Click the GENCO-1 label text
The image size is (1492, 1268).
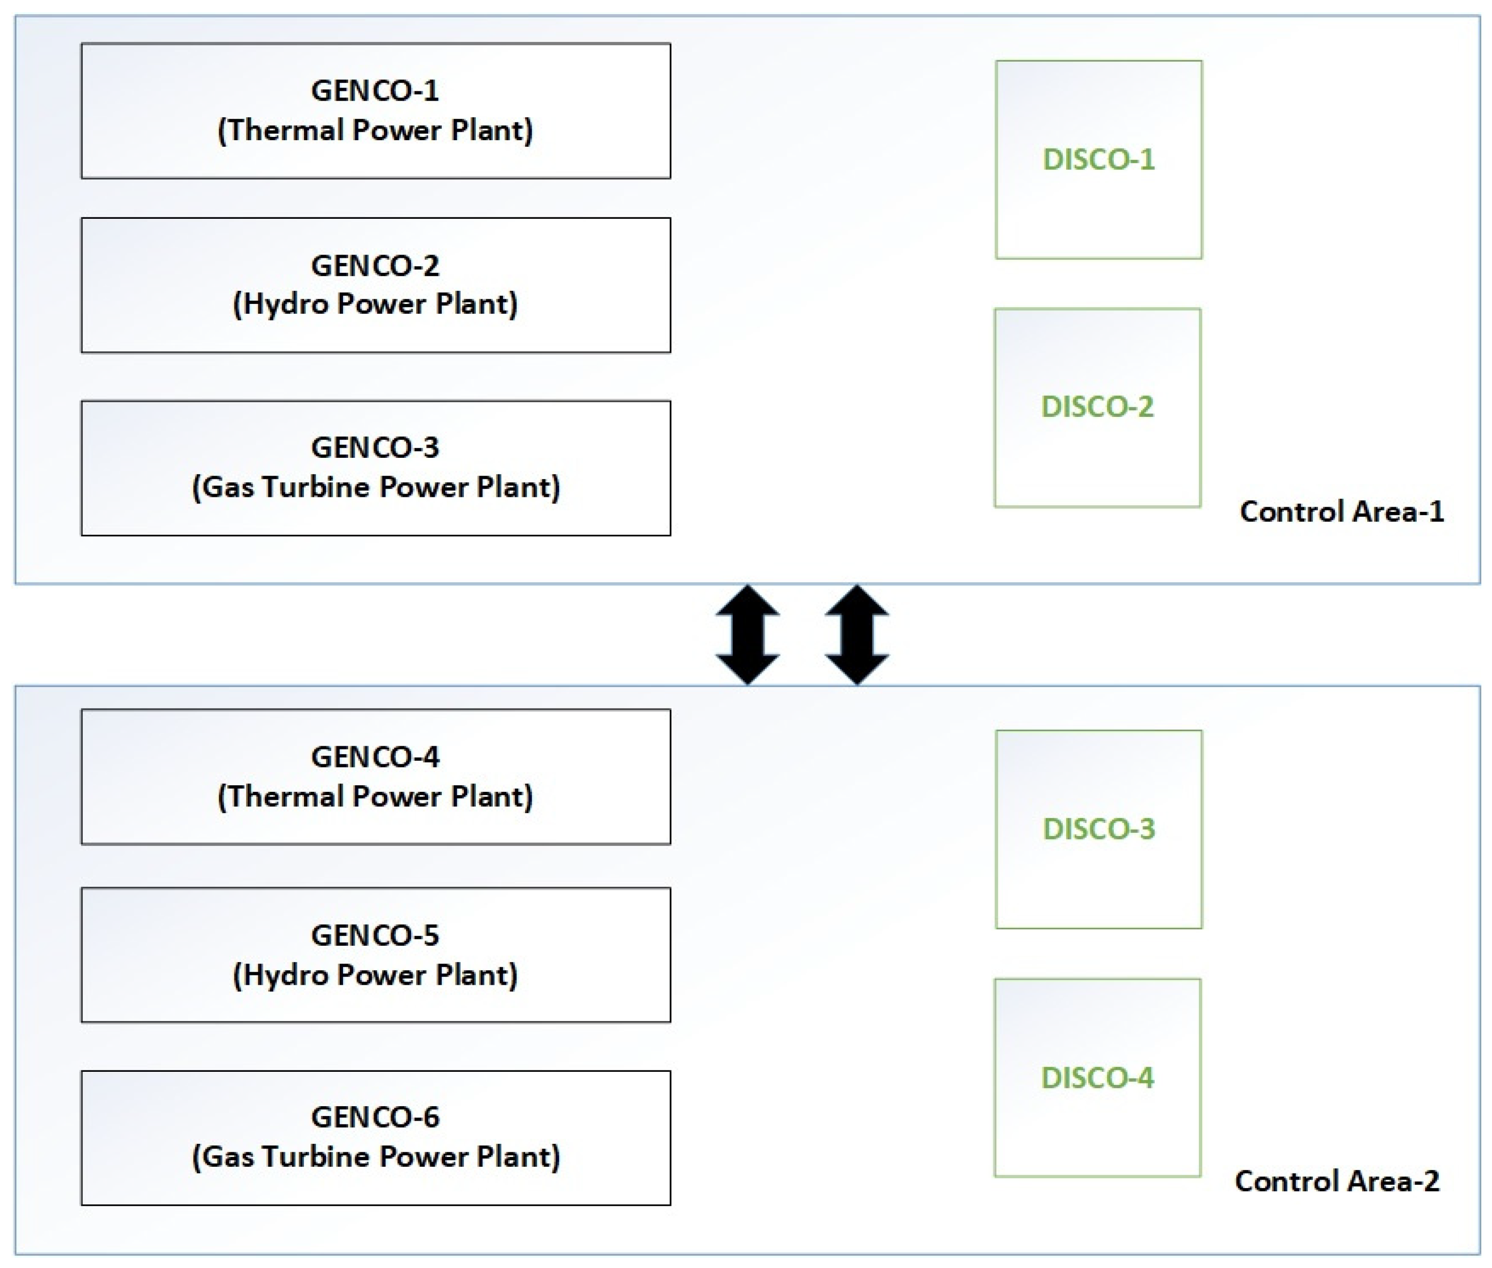click(375, 90)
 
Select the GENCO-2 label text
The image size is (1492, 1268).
click(375, 266)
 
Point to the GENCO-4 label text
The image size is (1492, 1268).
click(375, 757)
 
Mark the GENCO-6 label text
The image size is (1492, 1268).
click(375, 1117)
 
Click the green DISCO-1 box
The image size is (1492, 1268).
click(1098, 159)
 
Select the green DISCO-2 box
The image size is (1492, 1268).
click(1097, 407)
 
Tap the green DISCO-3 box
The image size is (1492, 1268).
click(1098, 829)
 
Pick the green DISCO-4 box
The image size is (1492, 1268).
click(1097, 1077)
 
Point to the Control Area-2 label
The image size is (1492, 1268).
click(1336, 1181)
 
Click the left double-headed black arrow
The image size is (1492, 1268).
click(748, 635)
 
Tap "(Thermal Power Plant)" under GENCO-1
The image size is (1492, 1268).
click(375, 131)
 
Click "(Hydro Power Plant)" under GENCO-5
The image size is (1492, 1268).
click(375, 975)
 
